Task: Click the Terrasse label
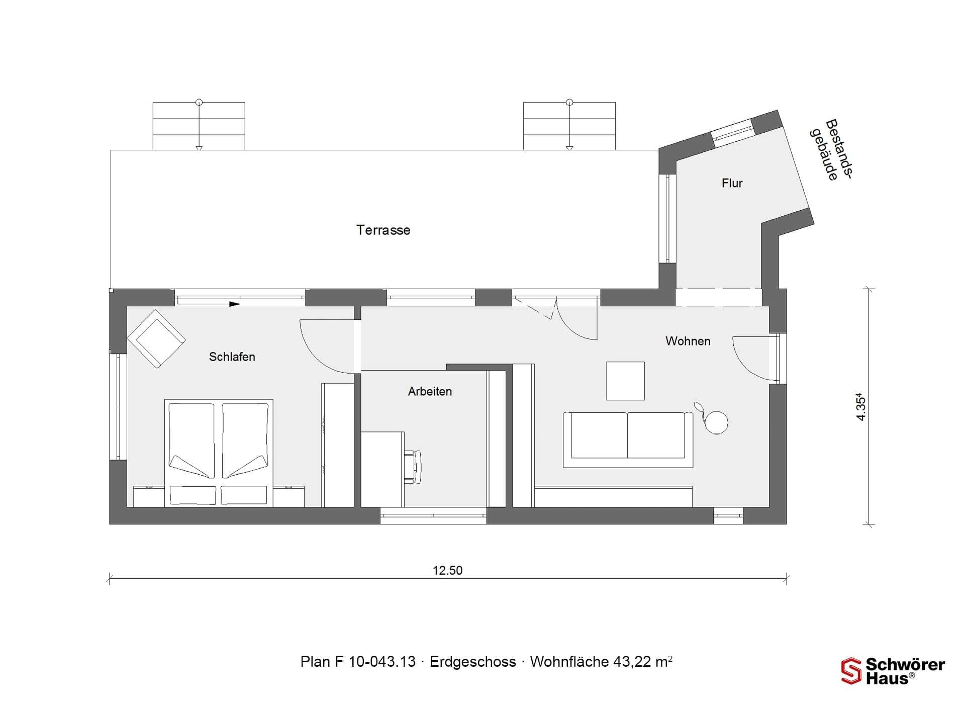[x=383, y=230]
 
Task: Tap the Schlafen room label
[x=232, y=357]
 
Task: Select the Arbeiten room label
[x=430, y=391]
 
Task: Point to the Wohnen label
[x=688, y=341]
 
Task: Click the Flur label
[x=732, y=183]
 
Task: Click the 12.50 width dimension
[x=447, y=570]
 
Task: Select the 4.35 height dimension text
[x=861, y=408]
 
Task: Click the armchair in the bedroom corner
[x=156, y=338]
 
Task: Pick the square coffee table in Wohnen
[x=625, y=381]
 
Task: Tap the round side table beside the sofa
[x=716, y=421]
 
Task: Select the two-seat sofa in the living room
[x=628, y=440]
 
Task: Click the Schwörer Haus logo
[x=893, y=671]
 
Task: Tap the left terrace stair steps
[x=199, y=126]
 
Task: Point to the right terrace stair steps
[x=569, y=126]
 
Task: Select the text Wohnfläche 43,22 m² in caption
[x=601, y=661]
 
